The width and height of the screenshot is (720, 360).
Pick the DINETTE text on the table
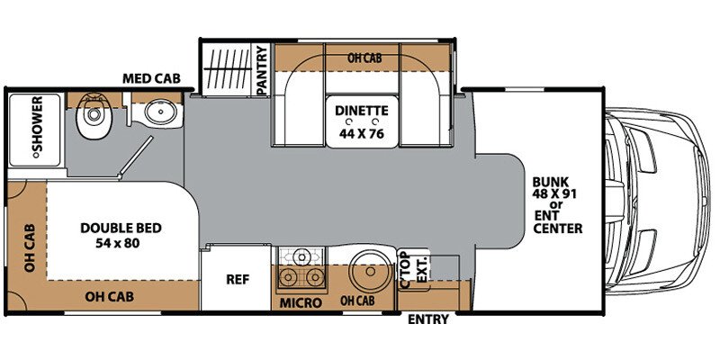(362, 111)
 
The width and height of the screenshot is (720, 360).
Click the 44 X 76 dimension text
(362, 132)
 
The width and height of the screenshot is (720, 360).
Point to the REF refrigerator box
(236, 278)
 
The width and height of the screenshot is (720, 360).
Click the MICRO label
(301, 302)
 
